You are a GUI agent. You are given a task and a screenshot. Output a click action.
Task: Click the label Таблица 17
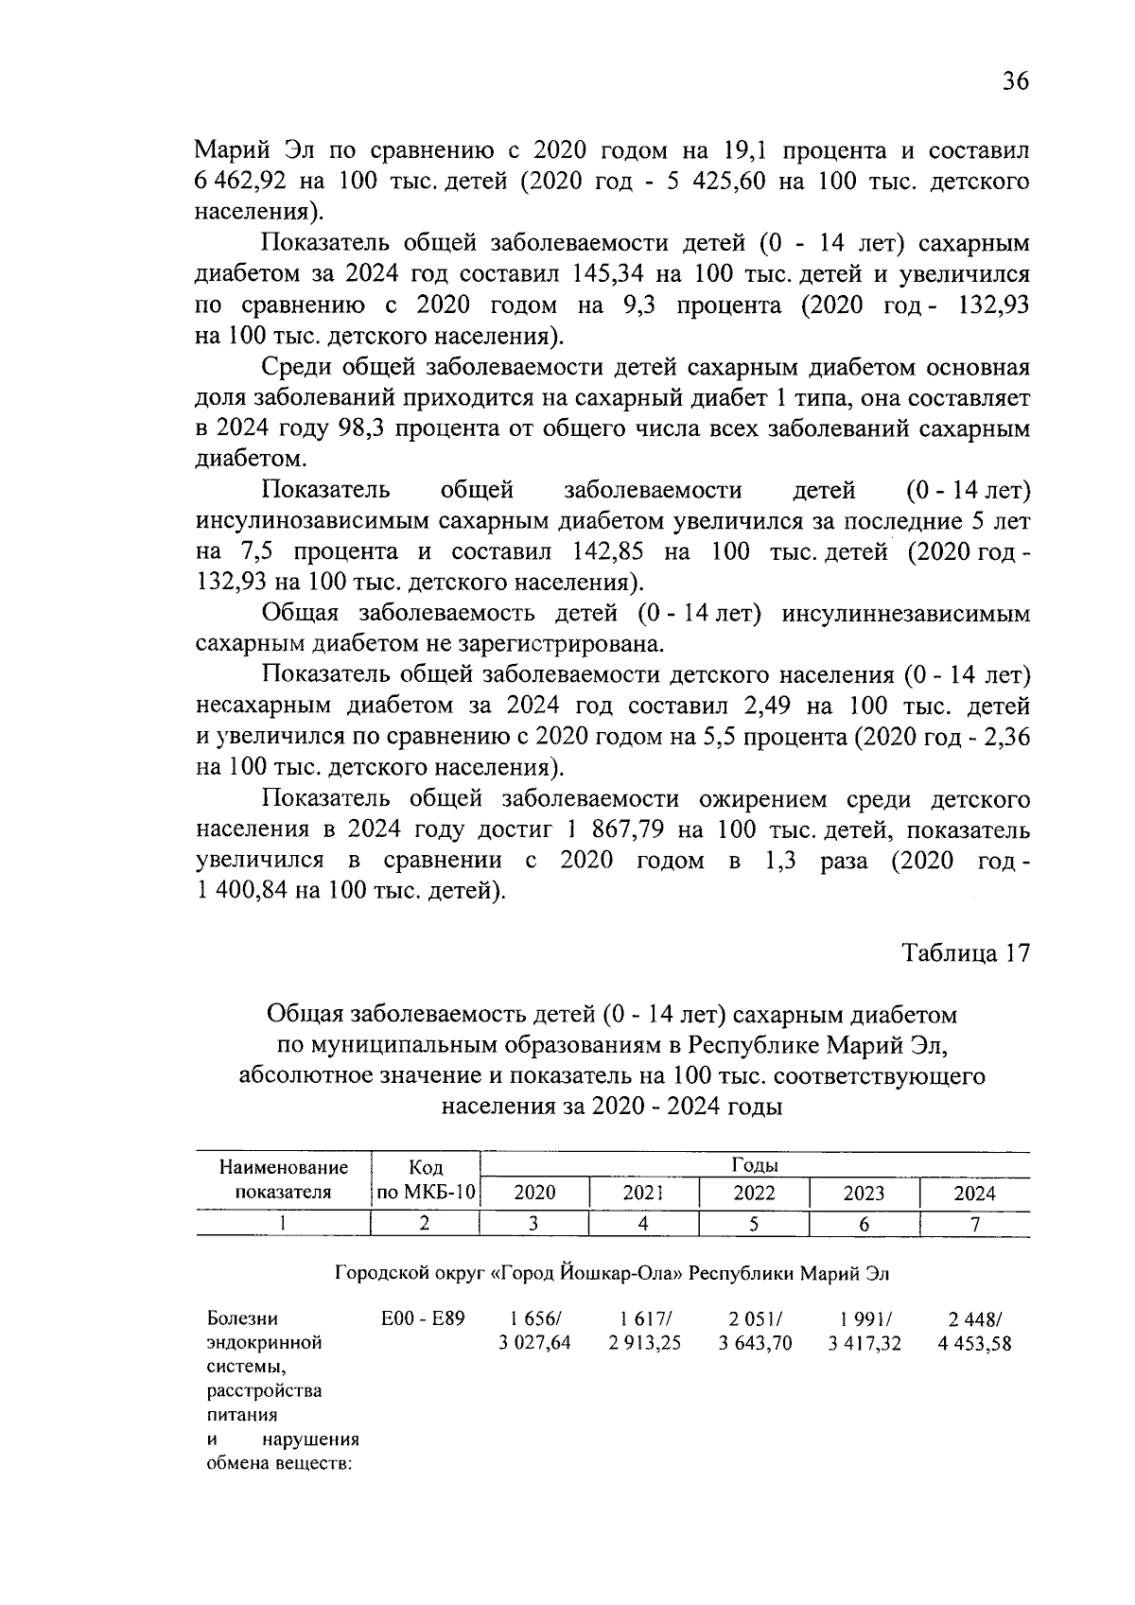click(x=965, y=952)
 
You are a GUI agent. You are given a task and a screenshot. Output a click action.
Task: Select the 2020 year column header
click(x=534, y=1193)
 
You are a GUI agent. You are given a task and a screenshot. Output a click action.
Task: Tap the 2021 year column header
click(x=643, y=1193)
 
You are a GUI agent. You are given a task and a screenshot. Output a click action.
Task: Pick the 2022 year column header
click(x=754, y=1193)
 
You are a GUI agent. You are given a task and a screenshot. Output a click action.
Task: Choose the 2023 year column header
click(x=864, y=1193)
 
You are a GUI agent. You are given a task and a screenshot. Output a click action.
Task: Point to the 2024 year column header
click(x=974, y=1193)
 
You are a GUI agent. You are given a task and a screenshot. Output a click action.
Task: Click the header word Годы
click(x=754, y=1165)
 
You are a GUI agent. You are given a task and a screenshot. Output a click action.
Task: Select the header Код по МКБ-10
click(x=426, y=1179)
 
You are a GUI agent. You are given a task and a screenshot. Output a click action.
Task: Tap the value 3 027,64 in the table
click(x=534, y=1343)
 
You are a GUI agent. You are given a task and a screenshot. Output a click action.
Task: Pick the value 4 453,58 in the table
click(x=974, y=1343)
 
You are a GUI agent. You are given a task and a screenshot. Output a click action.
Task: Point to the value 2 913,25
click(x=644, y=1343)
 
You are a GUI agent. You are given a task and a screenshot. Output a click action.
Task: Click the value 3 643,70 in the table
click(x=755, y=1343)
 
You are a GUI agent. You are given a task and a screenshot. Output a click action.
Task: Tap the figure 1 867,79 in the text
click(x=620, y=830)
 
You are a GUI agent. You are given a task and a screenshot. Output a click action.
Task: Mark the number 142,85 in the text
click(x=608, y=552)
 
